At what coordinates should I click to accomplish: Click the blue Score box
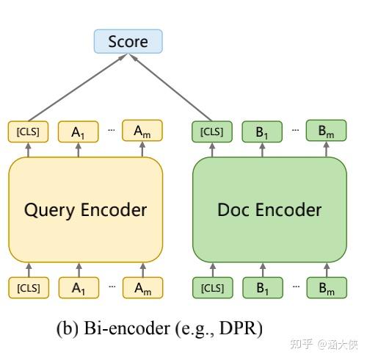[x=128, y=41]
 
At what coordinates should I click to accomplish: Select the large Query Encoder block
[x=85, y=209]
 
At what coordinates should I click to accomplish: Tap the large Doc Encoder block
[x=269, y=209]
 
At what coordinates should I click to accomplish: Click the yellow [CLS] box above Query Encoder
[x=28, y=132]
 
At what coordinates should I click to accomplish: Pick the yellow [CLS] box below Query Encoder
[x=28, y=287]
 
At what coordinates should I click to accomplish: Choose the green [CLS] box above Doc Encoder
[x=211, y=132]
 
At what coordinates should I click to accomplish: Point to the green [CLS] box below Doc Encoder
[x=211, y=287]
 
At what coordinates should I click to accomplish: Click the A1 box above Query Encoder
[x=78, y=132]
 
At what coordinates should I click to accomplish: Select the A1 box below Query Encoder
[x=78, y=287]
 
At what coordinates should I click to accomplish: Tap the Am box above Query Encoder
[x=142, y=131]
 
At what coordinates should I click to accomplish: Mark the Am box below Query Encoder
[x=142, y=287]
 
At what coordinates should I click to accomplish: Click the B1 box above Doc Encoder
[x=262, y=132]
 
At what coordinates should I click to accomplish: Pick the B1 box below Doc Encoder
[x=262, y=287]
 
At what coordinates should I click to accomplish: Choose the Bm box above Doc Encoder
[x=326, y=131]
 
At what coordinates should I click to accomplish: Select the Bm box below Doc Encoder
[x=326, y=287]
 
